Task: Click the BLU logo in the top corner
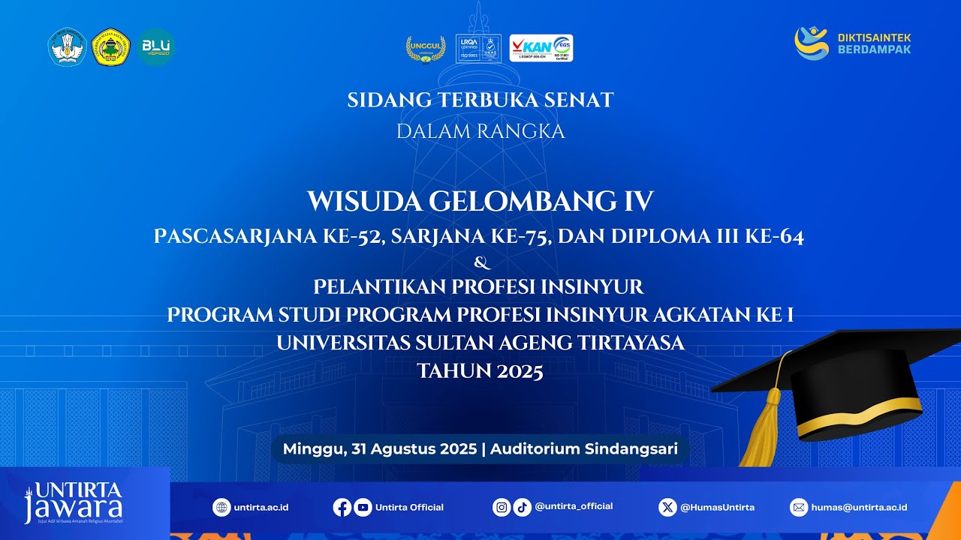[156, 47]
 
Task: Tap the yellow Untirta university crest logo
[110, 47]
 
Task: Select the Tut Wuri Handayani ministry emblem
[67, 47]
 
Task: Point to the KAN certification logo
[541, 48]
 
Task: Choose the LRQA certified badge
[478, 49]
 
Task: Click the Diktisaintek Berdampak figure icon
[811, 43]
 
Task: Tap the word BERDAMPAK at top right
[874, 49]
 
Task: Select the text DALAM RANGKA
[480, 131]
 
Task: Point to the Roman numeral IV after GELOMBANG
[638, 202]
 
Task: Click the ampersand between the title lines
[482, 262]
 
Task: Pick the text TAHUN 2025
[480, 371]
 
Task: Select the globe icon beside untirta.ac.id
[221, 508]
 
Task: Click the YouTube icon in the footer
[363, 508]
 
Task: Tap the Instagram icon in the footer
[502, 508]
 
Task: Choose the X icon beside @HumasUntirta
[667, 508]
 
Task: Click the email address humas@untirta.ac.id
[860, 508]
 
